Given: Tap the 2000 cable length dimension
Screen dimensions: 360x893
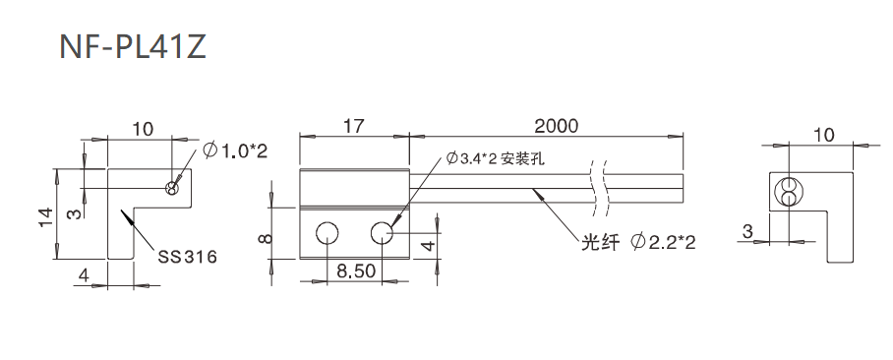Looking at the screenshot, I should tap(556, 125).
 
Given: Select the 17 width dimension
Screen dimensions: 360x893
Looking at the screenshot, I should tap(353, 125).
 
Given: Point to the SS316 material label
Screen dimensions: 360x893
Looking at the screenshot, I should tap(187, 257).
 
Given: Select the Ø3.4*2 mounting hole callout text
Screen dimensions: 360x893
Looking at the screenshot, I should tap(495, 158).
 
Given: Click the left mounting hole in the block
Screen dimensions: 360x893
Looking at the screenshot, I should tap(327, 232).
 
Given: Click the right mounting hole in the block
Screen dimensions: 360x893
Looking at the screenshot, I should tap(383, 232).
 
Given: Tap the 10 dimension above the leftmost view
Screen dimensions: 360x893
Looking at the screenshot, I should tap(143, 128).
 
